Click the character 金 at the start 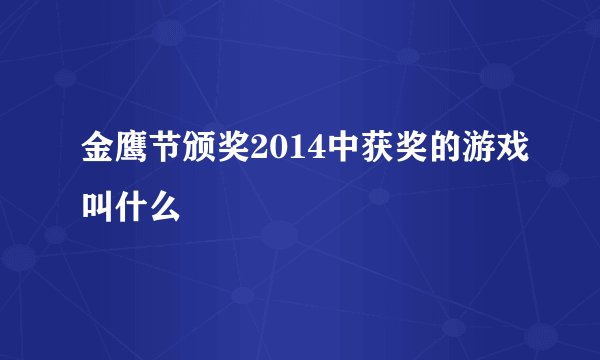click(x=97, y=153)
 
